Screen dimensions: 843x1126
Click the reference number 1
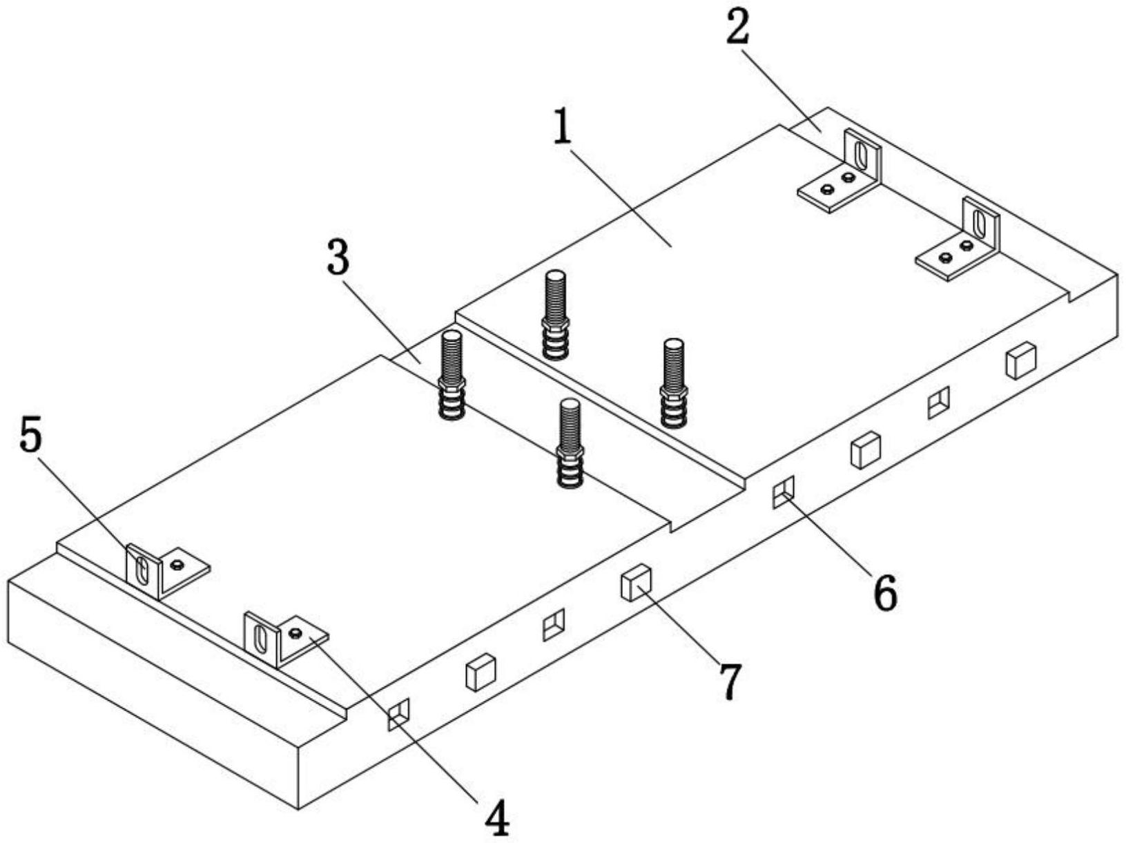tap(563, 128)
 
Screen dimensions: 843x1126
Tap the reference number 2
tap(737, 29)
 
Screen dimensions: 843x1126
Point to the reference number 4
tap(496, 820)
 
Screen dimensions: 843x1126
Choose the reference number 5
tap(30, 436)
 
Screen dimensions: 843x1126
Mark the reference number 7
tap(730, 681)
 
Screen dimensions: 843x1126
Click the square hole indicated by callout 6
tap(783, 492)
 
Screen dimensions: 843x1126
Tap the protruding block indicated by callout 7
tap(635, 582)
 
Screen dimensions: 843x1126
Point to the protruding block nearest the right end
tap(1020, 360)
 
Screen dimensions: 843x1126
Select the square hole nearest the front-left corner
tap(398, 714)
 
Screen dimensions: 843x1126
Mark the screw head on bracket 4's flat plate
tap(296, 633)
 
